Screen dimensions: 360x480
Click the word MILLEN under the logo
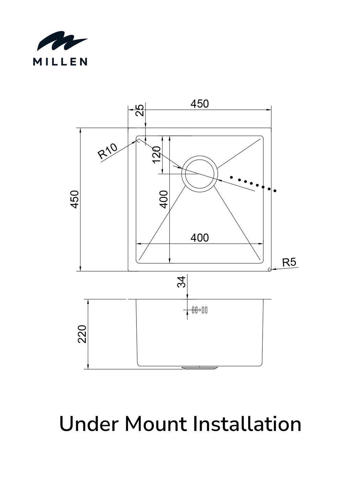60,62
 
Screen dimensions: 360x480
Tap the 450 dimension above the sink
200,104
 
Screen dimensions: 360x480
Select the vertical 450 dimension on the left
74,200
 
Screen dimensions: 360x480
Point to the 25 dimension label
140,110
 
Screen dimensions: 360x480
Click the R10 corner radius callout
107,151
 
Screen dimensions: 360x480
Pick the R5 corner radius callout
289,262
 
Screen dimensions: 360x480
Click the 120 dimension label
157,155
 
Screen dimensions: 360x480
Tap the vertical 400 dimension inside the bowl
164,199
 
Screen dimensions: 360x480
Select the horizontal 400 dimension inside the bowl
200,238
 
